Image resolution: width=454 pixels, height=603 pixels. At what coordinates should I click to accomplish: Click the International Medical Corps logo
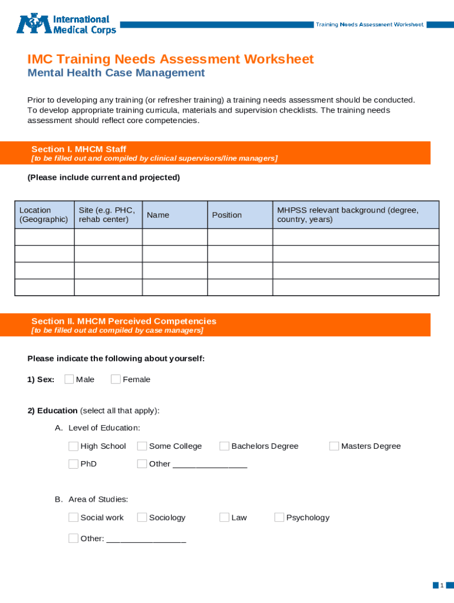[x=66, y=24]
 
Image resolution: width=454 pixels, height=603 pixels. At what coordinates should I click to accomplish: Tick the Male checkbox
[x=69, y=379]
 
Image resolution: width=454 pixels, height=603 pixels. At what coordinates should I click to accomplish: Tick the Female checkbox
[x=116, y=379]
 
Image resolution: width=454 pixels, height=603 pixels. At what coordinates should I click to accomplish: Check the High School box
[x=73, y=446]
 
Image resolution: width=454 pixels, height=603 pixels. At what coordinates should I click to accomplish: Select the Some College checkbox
[x=142, y=446]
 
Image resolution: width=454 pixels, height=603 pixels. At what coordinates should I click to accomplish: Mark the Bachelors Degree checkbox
[x=224, y=446]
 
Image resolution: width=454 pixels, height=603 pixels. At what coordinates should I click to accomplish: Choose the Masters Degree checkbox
[x=334, y=446]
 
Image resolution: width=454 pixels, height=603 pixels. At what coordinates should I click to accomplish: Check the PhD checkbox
[x=73, y=464]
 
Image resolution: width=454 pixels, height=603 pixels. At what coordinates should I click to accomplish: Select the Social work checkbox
[x=73, y=518]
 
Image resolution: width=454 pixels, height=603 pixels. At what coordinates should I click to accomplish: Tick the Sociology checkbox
[x=142, y=518]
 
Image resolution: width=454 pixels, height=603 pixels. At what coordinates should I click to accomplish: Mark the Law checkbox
[x=224, y=518]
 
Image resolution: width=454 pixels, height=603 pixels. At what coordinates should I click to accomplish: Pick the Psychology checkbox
[x=279, y=518]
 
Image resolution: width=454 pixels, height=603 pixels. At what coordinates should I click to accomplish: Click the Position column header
[x=227, y=215]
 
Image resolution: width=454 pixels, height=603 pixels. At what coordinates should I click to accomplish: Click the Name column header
[x=158, y=215]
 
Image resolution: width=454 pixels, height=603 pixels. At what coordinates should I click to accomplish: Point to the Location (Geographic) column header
[x=44, y=215]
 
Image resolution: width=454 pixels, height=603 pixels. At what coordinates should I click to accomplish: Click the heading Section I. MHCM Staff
[x=78, y=150]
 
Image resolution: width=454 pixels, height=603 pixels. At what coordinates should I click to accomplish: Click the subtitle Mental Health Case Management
[x=116, y=73]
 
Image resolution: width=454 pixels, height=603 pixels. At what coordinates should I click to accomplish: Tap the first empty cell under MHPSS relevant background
[x=356, y=237]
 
